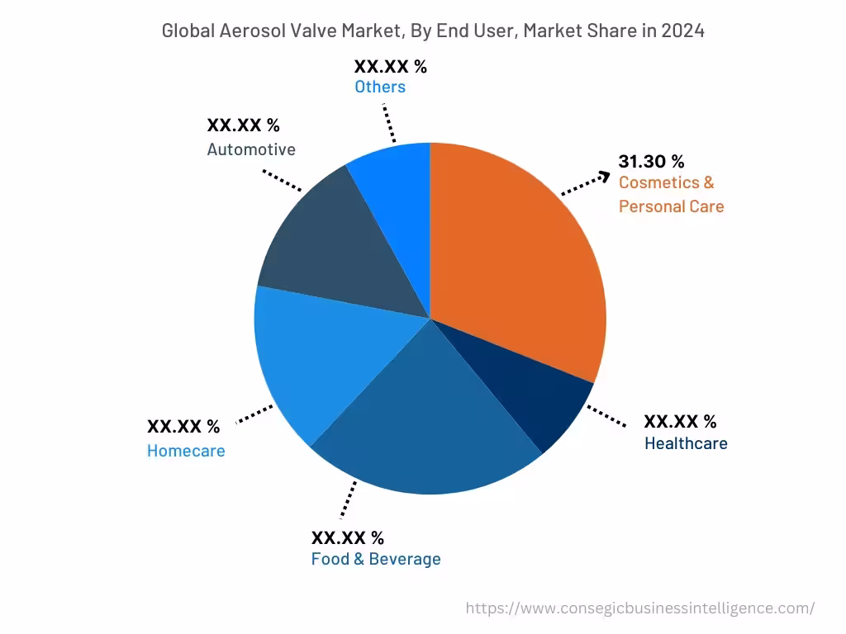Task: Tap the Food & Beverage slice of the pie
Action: [x=430, y=429]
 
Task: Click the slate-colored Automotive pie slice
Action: [x=330, y=248]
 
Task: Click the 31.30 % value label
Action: [x=651, y=162]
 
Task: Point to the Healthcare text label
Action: [x=686, y=443]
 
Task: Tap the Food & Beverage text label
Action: [x=376, y=559]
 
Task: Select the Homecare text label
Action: [x=186, y=451]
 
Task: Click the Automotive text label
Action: [x=251, y=149]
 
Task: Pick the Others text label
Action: [x=380, y=87]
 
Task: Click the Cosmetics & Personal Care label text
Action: [x=670, y=194]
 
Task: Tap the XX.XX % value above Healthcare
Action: [x=680, y=422]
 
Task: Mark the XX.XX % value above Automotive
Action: [x=243, y=125]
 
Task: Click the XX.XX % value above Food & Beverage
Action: [x=347, y=537]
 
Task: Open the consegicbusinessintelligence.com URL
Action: [x=640, y=608]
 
